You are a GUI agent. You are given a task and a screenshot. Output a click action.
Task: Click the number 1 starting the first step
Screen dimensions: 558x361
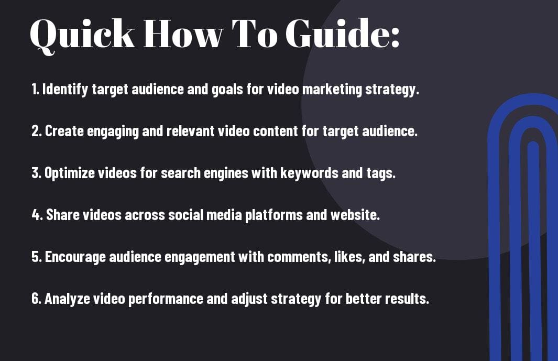tap(35, 89)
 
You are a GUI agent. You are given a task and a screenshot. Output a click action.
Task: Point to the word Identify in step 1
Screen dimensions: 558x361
tap(65, 89)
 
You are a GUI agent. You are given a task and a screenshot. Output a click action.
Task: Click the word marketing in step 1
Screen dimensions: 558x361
tap(332, 89)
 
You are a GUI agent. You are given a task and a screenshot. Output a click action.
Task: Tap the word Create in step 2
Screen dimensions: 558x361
tap(64, 131)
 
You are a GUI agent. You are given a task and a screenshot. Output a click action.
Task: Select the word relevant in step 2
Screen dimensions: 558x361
tap(190, 131)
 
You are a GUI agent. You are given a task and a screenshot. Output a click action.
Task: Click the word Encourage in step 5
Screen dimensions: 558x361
tap(75, 257)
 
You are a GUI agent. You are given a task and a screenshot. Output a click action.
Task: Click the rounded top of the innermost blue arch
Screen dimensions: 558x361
tap(533, 144)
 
